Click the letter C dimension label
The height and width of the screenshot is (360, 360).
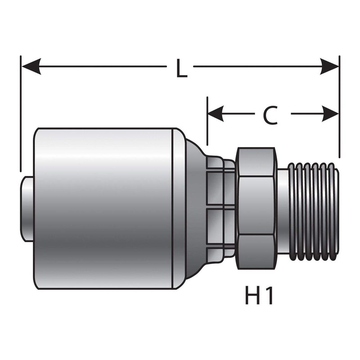pyautogui.click(x=270, y=116)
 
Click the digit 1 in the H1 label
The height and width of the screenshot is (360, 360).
pyautogui.click(x=269, y=296)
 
